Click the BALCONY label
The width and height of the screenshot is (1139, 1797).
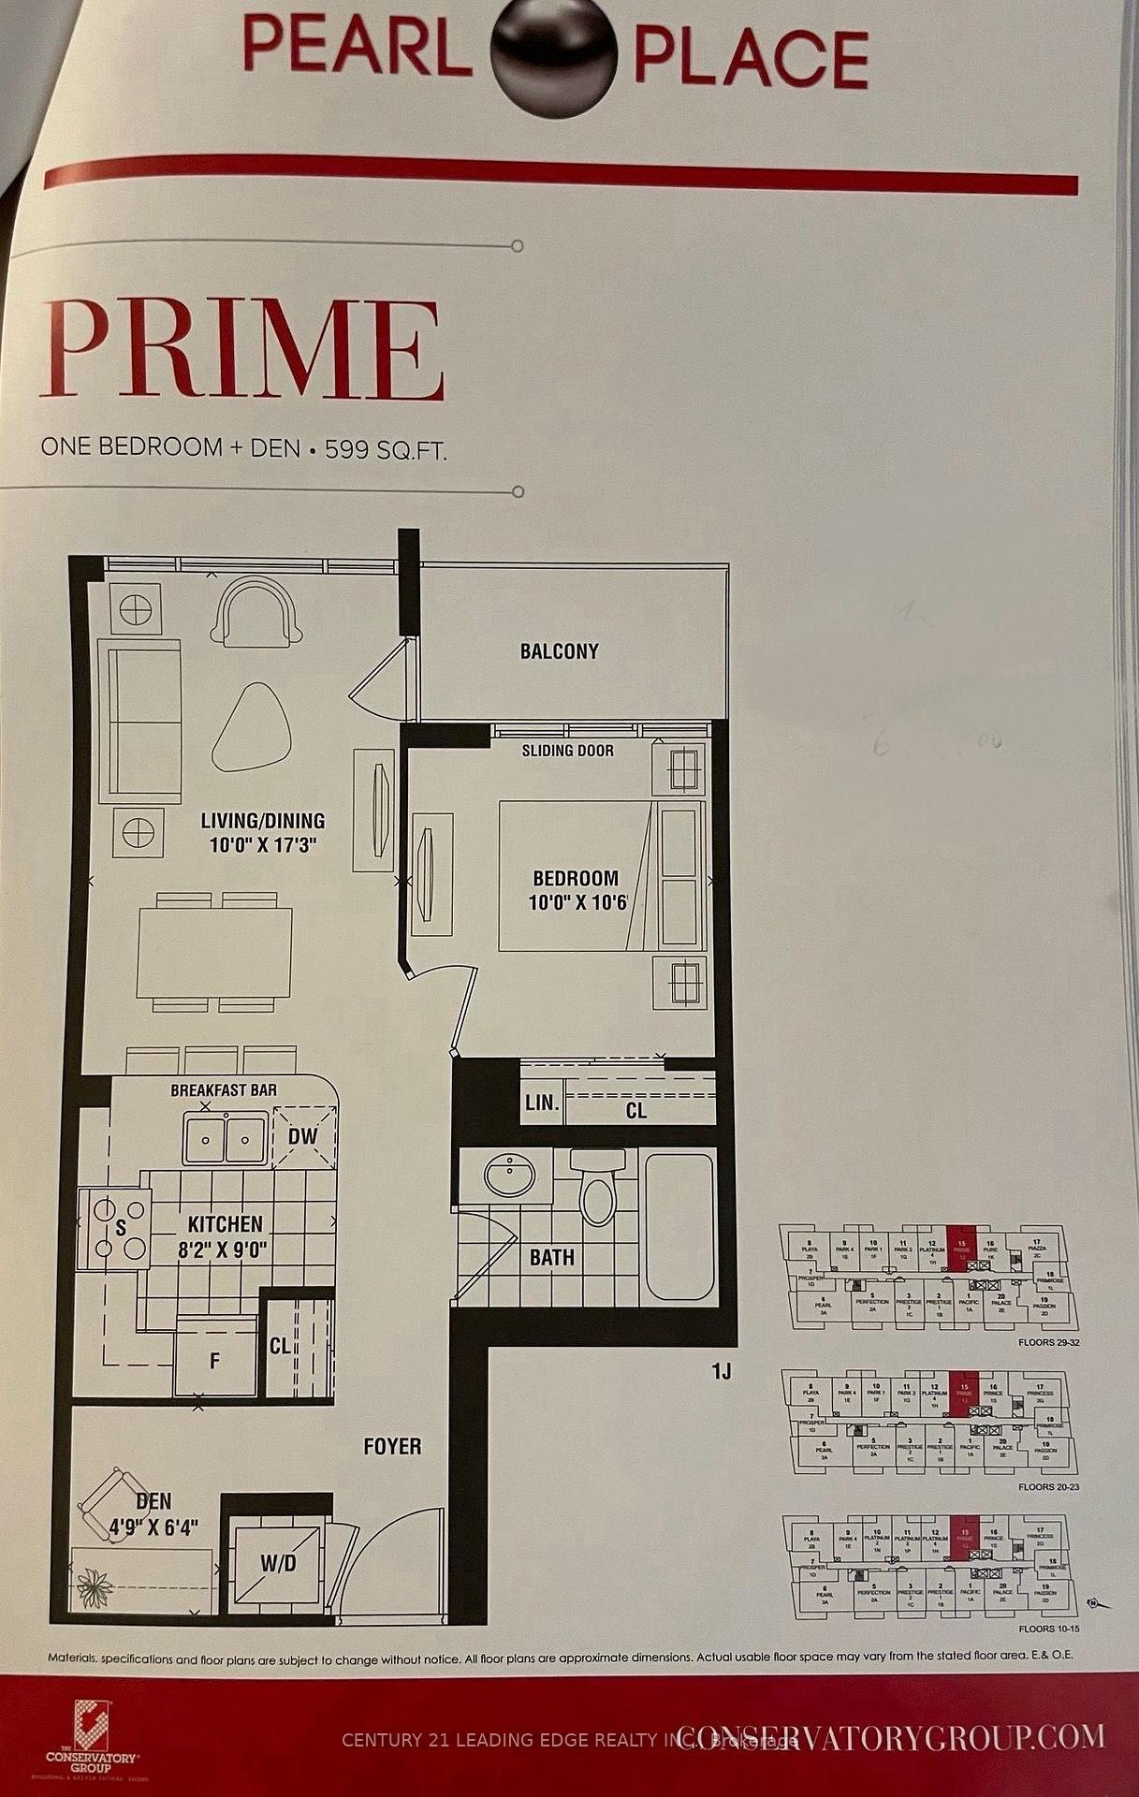click(559, 651)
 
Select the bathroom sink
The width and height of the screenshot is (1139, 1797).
click(510, 1174)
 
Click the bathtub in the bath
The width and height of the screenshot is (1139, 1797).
click(679, 1226)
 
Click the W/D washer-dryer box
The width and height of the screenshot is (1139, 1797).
click(279, 1563)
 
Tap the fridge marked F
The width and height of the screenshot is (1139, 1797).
click(215, 1358)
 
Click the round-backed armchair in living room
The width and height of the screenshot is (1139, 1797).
click(256, 611)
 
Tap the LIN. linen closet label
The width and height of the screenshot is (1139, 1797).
click(541, 1103)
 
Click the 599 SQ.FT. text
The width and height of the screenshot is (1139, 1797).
click(386, 449)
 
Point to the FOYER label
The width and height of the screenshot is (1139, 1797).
click(392, 1446)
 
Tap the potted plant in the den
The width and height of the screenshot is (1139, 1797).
click(96, 1583)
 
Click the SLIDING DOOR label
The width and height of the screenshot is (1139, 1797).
click(567, 750)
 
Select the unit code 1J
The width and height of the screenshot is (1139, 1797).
click(720, 1372)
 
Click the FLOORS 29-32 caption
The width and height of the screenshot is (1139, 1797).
click(1047, 1342)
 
